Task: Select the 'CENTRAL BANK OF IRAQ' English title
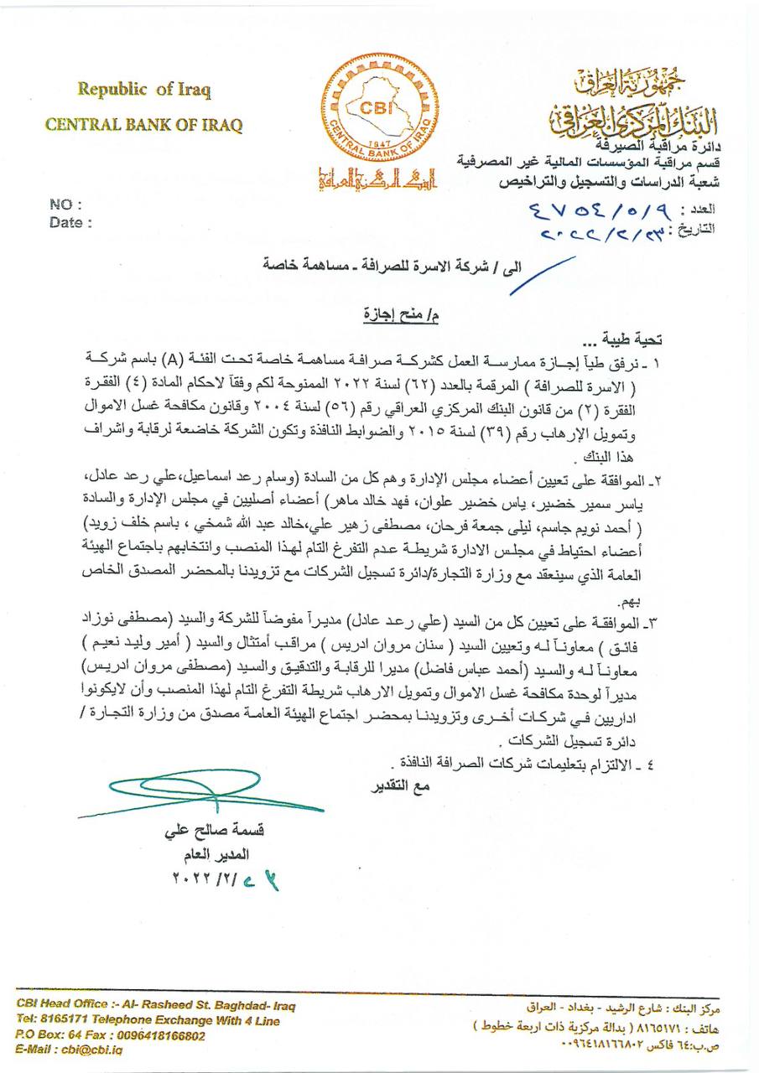tap(143, 125)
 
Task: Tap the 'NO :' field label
tap(65, 204)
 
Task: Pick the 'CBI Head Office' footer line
tap(155, 1005)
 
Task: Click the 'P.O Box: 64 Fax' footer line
tap(110, 1035)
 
